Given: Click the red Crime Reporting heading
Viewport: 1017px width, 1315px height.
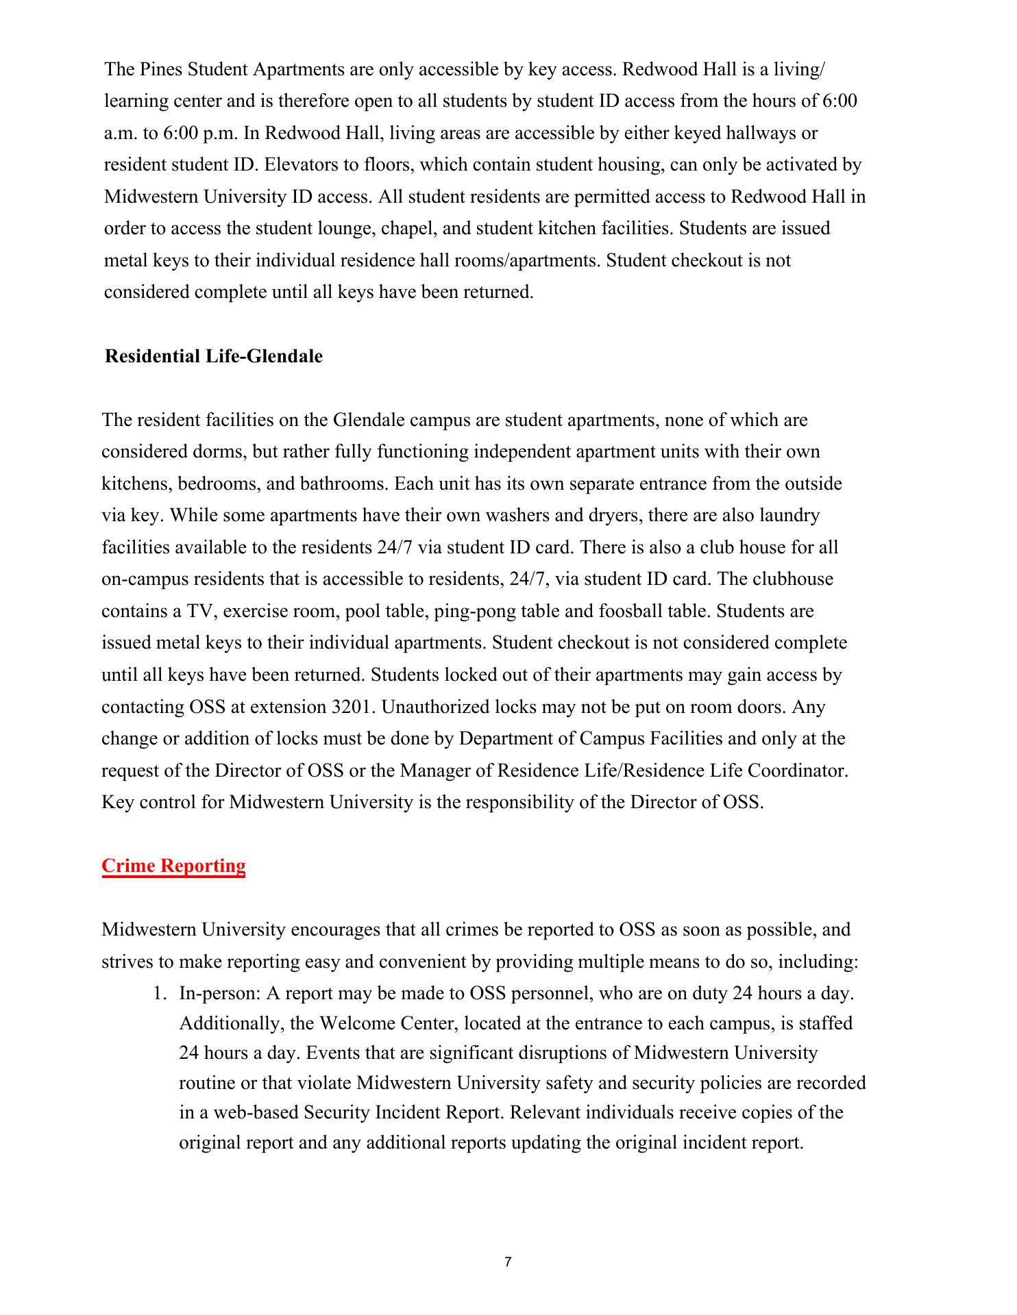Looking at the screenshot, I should (173, 866).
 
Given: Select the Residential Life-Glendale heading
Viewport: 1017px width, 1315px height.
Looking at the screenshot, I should (213, 357).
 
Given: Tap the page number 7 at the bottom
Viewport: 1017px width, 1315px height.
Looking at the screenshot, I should (508, 1262).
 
